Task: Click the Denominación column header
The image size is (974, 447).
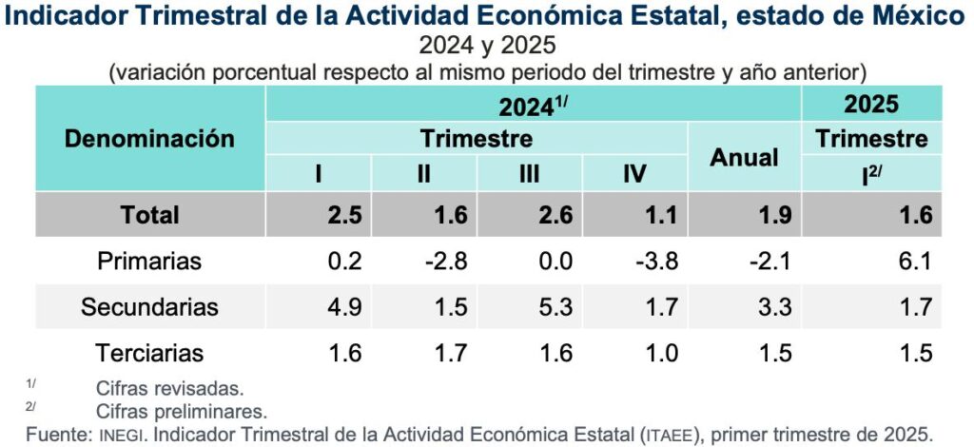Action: (149, 139)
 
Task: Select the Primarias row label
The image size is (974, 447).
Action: (149, 261)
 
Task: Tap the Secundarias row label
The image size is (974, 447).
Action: (149, 307)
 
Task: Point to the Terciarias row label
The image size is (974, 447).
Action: (149, 354)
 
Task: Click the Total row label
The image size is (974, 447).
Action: (149, 215)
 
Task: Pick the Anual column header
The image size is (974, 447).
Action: (744, 158)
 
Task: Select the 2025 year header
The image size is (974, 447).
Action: (871, 104)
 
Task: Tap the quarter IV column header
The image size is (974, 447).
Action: (634, 174)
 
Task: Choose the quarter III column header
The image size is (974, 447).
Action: (530, 174)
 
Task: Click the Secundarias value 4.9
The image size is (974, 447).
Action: (343, 307)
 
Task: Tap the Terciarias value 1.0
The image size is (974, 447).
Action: (659, 354)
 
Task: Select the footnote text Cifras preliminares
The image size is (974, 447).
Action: (182, 412)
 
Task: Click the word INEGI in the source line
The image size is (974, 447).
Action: (121, 435)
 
